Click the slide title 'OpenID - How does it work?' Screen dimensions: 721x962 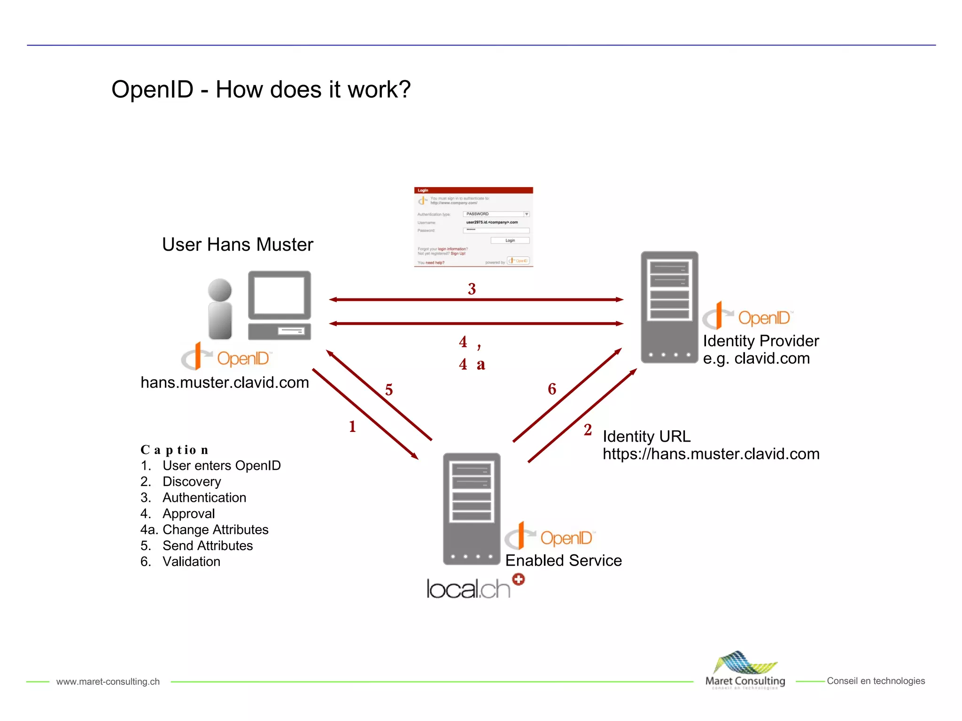[261, 90]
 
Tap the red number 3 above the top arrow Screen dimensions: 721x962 [472, 289]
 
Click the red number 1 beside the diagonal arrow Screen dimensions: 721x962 [352, 427]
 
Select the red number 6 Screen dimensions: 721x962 [552, 389]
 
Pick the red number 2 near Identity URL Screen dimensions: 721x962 [588, 430]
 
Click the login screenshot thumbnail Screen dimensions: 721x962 [473, 227]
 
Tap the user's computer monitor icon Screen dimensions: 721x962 [279, 296]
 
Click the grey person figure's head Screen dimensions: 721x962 [220, 290]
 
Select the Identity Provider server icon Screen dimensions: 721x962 [669, 307]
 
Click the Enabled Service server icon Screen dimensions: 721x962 [472, 508]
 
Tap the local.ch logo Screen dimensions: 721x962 [474, 588]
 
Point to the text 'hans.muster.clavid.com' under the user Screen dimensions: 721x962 [225, 383]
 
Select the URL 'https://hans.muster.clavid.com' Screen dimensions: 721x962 [711, 454]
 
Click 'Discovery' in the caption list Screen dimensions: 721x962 [192, 482]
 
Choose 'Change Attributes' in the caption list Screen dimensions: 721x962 [215, 529]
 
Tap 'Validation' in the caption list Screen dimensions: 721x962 [191, 561]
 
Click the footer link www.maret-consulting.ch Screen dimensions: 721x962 [108, 682]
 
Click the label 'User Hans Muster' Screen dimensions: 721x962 [237, 245]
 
